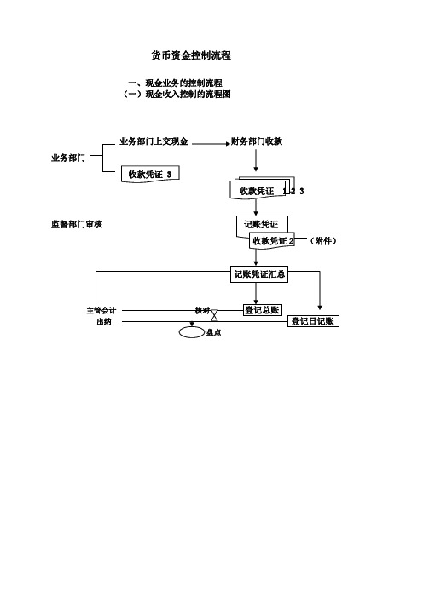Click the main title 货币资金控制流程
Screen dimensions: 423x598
191,55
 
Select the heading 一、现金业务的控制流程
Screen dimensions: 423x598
176,83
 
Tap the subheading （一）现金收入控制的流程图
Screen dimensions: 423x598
177,94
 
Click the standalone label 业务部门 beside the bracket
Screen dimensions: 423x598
68,158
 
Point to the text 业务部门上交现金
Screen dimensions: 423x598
154,141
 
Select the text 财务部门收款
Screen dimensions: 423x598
257,141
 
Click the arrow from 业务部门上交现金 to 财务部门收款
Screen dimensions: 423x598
211,144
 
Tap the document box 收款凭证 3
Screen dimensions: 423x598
150,174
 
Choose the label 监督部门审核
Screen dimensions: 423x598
77,224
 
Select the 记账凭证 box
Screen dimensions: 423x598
262,224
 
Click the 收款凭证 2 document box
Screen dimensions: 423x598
272,241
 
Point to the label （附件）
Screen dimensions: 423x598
323,241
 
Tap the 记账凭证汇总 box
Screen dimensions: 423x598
259,274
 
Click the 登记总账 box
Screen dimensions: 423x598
263,310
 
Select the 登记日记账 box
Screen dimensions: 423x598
313,321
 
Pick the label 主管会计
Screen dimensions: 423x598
101,310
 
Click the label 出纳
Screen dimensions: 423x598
104,322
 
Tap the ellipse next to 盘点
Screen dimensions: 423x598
192,332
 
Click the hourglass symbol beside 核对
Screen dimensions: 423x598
215,315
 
